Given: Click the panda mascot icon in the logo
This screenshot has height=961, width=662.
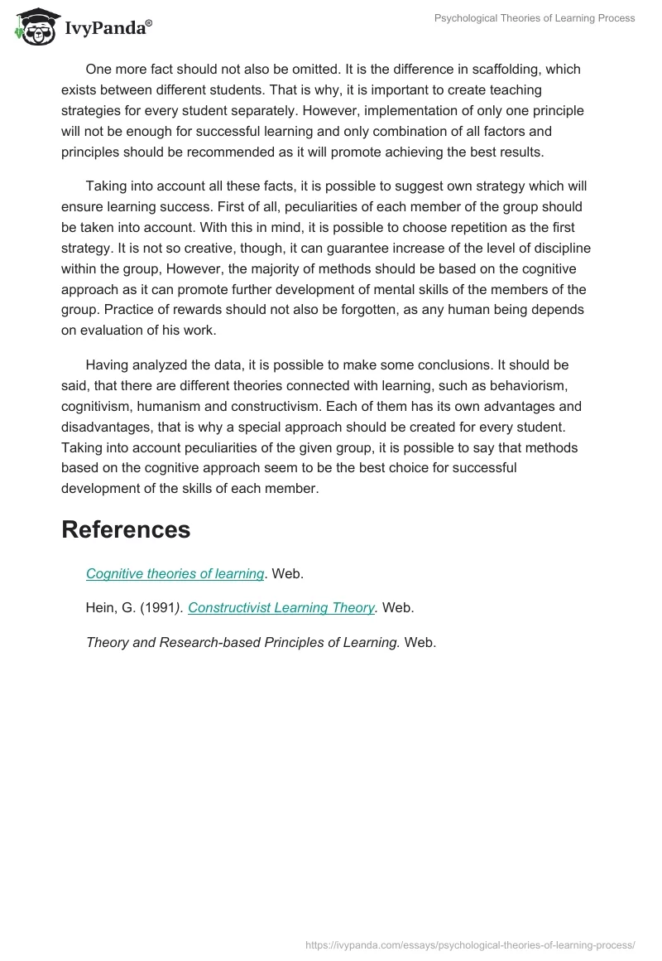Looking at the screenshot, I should [34, 26].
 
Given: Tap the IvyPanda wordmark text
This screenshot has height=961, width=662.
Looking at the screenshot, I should [107, 29].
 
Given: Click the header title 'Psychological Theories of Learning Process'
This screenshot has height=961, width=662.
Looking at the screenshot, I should [535, 18].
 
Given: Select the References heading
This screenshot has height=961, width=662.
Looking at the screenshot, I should [126, 529].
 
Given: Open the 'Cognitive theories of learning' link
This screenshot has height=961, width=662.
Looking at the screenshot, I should [175, 573].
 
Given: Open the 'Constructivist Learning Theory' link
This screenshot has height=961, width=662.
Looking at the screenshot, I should [281, 607].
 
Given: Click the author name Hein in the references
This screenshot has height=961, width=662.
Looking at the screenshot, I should [100, 607].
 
